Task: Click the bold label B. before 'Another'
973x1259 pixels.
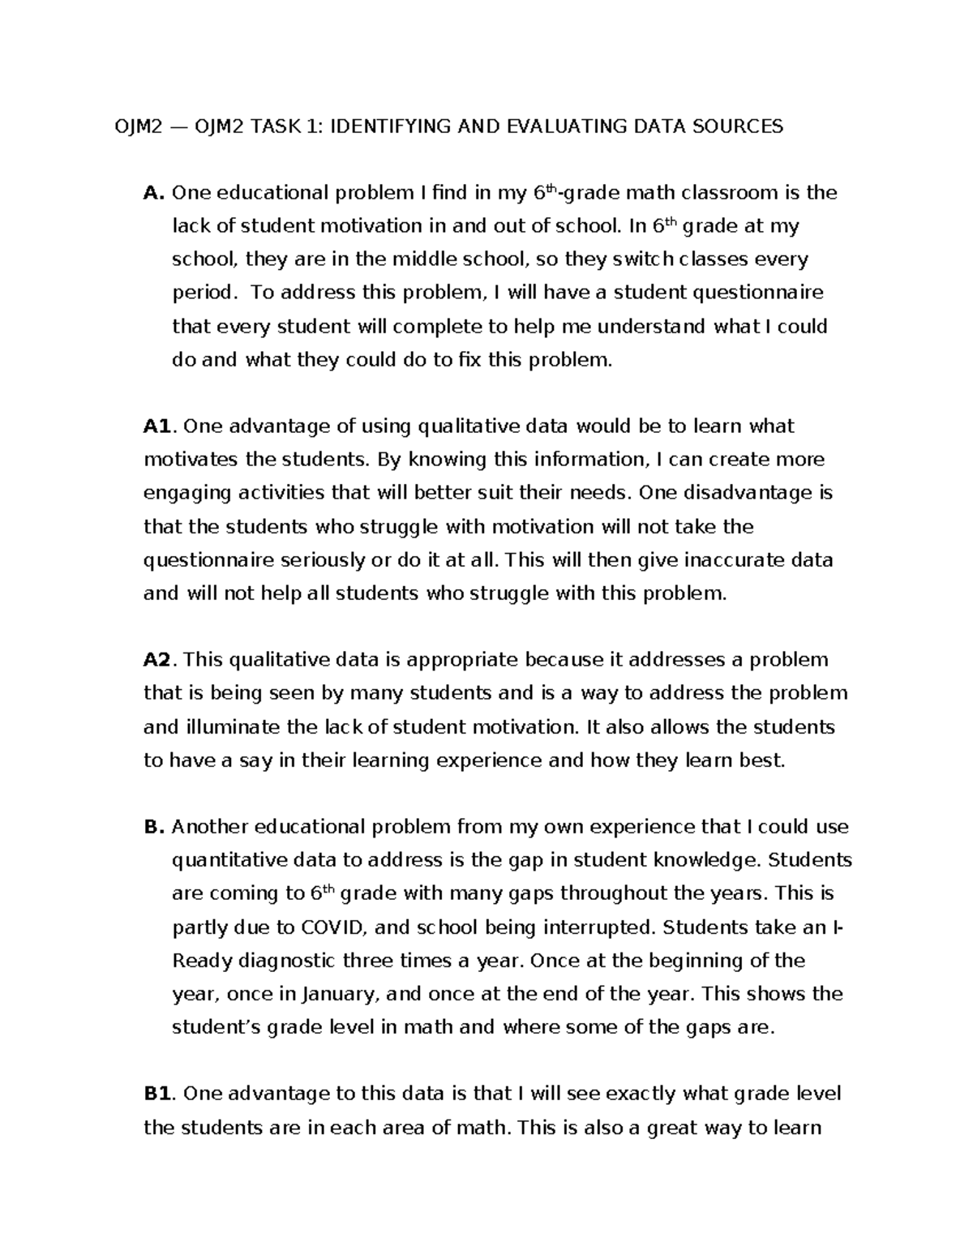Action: pyautogui.click(x=154, y=827)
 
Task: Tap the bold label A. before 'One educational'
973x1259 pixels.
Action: pyautogui.click(x=154, y=193)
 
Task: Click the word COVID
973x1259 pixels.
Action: pyautogui.click(x=331, y=927)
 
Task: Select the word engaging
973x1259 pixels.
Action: pyautogui.click(x=182, y=494)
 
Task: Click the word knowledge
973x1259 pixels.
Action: pyautogui.click(x=706, y=860)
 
